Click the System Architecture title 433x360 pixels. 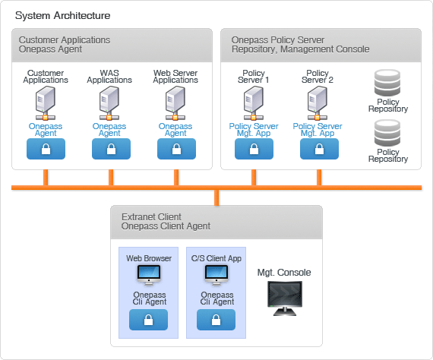pos(62,15)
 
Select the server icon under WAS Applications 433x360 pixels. pos(109,103)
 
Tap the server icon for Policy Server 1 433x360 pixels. pos(254,103)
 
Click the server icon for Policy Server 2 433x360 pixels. pos(318,103)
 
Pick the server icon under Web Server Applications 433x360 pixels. pos(175,103)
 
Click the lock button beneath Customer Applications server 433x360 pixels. pos(46,149)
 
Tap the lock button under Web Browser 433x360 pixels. pos(149,320)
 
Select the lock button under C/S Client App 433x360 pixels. pos(216,320)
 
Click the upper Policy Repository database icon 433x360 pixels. pos(387,83)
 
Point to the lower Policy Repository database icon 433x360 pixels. pos(387,133)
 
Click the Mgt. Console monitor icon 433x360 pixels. pos(285,298)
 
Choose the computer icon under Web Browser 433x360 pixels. pos(149,275)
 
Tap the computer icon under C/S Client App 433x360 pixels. pos(216,275)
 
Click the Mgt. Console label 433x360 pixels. pos(284,273)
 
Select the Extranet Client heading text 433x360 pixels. pos(151,216)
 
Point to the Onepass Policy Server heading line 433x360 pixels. pos(278,40)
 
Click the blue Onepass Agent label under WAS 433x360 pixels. pos(109,129)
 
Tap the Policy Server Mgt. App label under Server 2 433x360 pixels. pos(318,129)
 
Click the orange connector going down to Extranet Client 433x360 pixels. pos(216,197)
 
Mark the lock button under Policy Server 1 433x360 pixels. pos(254,149)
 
